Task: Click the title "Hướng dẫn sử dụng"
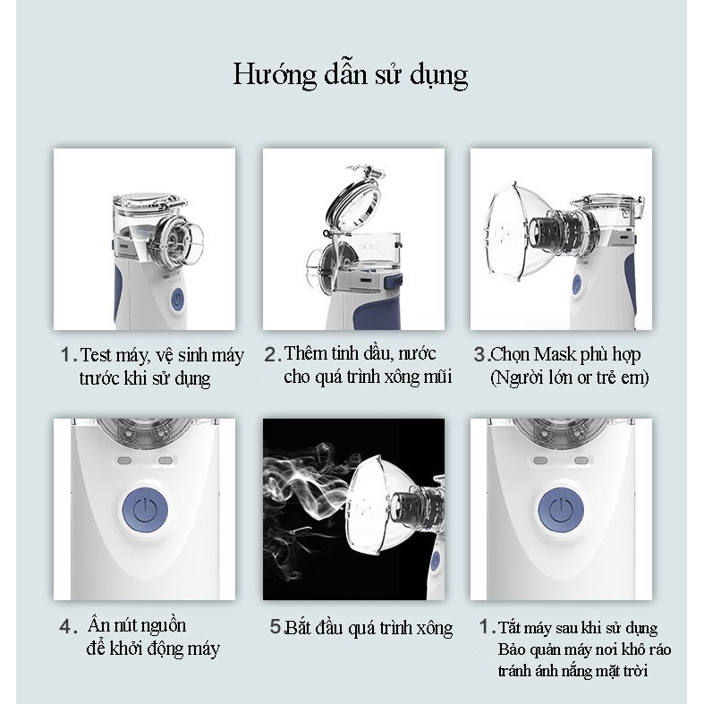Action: pyautogui.click(x=350, y=75)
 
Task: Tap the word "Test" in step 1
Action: pyautogui.click(x=95, y=355)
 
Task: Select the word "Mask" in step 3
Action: pyautogui.click(x=555, y=355)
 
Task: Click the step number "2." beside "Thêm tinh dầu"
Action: pyautogui.click(x=273, y=355)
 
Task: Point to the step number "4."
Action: pyautogui.click(x=69, y=627)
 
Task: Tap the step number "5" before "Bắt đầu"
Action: pyautogui.click(x=276, y=626)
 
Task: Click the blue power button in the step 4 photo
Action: pyautogui.click(x=145, y=510)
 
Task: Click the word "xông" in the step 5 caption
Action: pyautogui.click(x=434, y=628)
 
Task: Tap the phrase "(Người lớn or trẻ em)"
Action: pyautogui.click(x=569, y=377)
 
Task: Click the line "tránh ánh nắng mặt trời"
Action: pyautogui.click(x=573, y=671)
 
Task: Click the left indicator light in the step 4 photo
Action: pyautogui.click(x=124, y=461)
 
